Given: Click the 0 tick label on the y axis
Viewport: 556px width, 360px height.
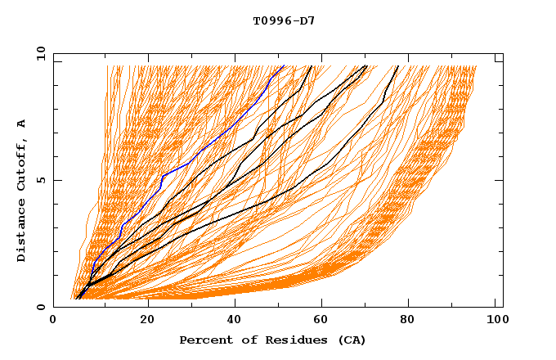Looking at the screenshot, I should (41, 307).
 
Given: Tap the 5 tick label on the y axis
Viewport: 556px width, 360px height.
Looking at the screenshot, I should (41, 180).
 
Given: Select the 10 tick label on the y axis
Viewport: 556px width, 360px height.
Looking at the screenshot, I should (38, 53).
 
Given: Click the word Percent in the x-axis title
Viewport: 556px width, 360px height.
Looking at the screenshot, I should (203, 340).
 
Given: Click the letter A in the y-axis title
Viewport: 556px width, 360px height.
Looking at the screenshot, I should (21, 124).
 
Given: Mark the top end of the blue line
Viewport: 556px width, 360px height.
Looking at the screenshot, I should (284, 66).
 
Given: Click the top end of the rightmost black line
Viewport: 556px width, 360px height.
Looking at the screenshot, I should (398, 66).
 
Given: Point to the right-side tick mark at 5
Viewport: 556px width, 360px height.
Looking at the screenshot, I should (499, 180).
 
